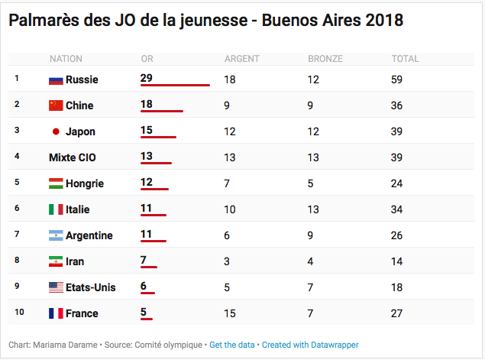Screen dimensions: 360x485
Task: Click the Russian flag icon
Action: point(56,79)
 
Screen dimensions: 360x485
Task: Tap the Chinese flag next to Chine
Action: point(56,105)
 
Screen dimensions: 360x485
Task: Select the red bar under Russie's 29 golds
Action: point(175,85)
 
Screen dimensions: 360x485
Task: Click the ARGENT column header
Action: point(242,59)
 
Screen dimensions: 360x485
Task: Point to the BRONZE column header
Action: point(325,59)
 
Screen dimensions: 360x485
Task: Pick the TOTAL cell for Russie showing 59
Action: point(397,79)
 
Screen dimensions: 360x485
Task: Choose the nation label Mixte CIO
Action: point(73,157)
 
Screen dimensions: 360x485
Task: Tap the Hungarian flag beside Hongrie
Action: point(56,183)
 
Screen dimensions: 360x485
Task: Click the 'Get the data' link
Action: point(232,345)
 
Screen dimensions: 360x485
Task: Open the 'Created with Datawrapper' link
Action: point(310,345)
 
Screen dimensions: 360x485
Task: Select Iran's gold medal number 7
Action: point(144,261)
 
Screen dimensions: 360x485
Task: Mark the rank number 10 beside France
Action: point(18,313)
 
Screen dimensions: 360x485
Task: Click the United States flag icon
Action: point(56,287)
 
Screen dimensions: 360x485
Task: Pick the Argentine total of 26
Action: point(397,235)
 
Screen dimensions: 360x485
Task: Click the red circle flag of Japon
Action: point(55,131)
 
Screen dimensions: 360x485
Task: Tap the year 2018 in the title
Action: point(382,21)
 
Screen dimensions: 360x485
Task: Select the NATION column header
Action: point(66,59)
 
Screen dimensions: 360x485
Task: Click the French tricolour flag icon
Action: point(56,313)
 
